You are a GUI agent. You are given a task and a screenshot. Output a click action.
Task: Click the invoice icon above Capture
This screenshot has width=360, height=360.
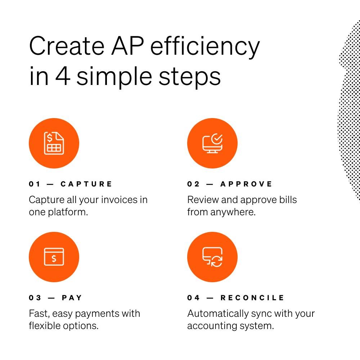click(x=54, y=143)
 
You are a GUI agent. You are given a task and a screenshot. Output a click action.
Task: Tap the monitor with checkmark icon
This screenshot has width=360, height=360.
click(x=212, y=143)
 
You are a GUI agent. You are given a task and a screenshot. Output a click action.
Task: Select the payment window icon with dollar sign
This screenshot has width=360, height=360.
click(x=54, y=257)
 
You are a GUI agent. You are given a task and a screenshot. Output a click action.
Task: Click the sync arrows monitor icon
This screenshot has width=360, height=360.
click(x=212, y=257)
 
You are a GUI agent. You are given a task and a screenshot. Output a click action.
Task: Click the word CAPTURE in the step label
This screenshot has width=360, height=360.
click(x=86, y=184)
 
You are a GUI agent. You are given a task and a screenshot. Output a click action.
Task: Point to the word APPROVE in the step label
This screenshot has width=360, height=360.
click(x=246, y=184)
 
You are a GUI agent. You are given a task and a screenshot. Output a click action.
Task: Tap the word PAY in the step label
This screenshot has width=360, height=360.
click(x=72, y=298)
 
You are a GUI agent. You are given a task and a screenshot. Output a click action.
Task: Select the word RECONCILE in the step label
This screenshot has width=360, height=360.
click(x=252, y=298)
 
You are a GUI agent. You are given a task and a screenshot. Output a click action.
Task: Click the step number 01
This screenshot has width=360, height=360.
click(x=35, y=184)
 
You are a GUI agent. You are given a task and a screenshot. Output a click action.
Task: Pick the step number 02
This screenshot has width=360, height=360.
click(x=193, y=184)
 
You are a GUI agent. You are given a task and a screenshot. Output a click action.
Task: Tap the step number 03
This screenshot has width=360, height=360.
click(x=35, y=298)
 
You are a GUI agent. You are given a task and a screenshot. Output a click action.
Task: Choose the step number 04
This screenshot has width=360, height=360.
click(x=193, y=298)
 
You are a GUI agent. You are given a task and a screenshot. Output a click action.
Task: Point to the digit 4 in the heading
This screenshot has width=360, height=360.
click(x=62, y=76)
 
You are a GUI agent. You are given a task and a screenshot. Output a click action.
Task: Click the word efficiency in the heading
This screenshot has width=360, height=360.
click(x=205, y=47)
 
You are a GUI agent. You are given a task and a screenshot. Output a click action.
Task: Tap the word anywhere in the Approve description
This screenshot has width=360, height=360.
click(x=233, y=212)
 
